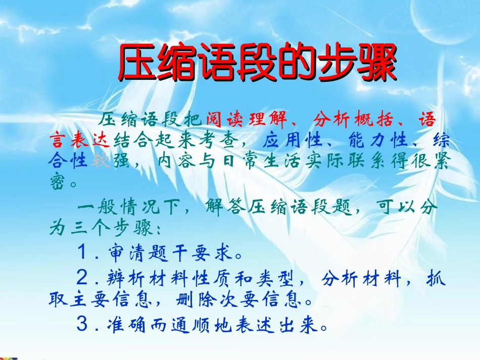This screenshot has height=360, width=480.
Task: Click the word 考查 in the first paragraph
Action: [225, 139]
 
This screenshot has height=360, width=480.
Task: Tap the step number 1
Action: [83, 251]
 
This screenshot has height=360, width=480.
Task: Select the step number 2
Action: [83, 277]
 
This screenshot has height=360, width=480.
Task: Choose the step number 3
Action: [83, 324]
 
